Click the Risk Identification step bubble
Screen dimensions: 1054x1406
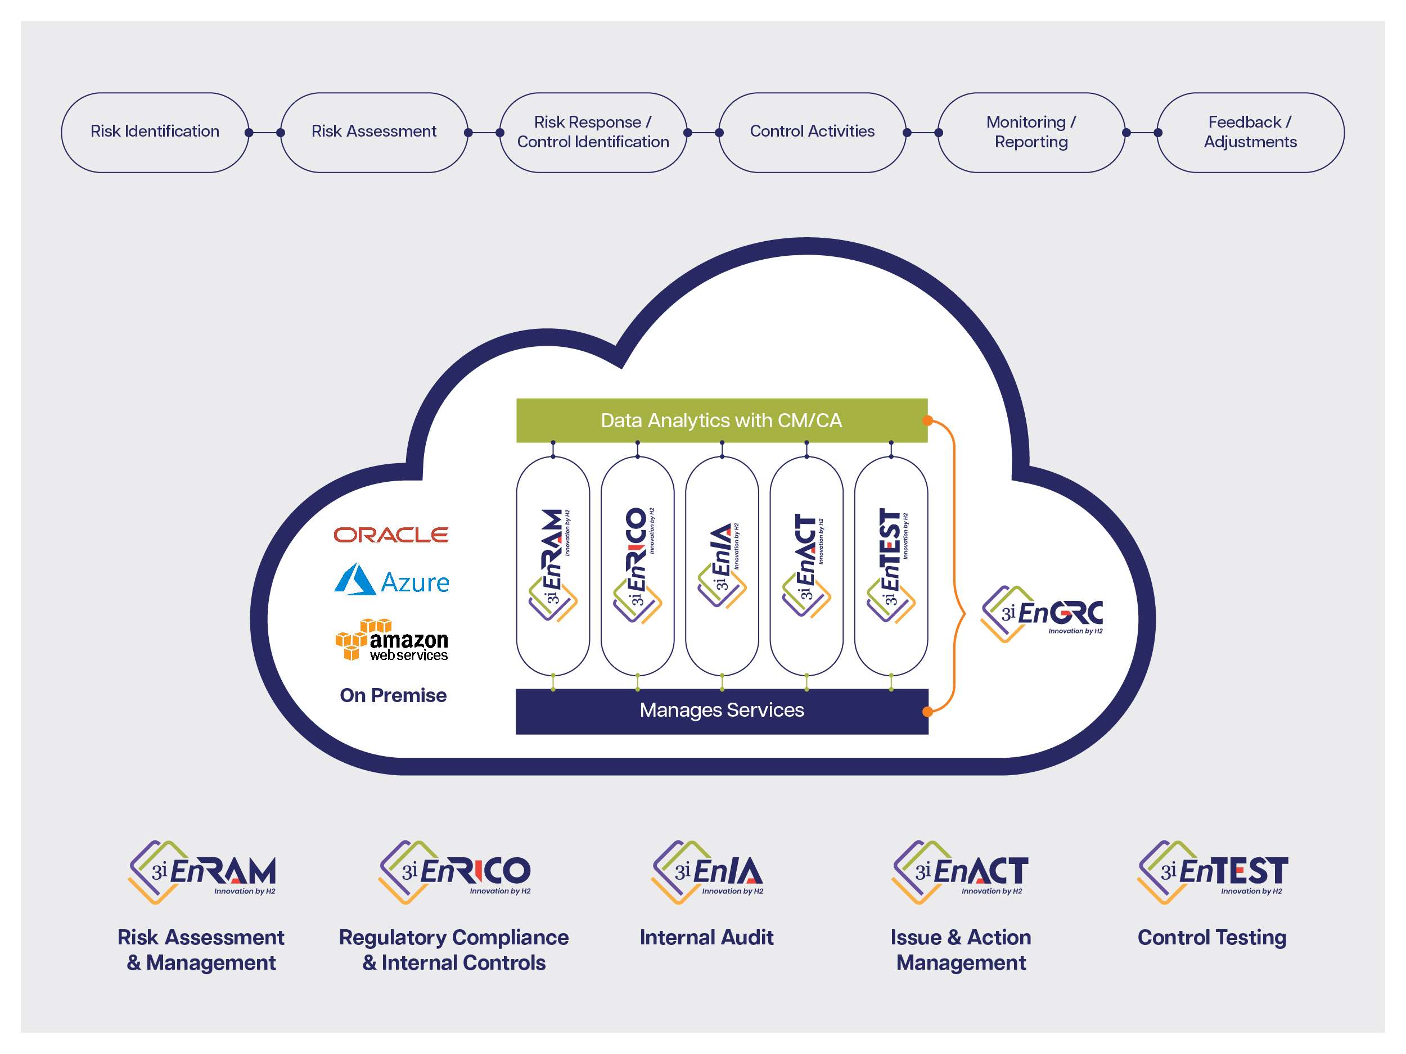pos(155,132)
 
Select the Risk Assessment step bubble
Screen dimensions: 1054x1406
pos(374,132)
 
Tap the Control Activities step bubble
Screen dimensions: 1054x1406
pos(812,132)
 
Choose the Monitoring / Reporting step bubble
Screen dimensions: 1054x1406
pos(1031,132)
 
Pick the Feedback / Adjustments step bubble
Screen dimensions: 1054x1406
pos(1250,132)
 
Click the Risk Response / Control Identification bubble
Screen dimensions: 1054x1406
pos(593,132)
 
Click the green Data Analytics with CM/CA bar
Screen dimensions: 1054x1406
pos(721,420)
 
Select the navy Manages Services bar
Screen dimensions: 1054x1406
pos(721,711)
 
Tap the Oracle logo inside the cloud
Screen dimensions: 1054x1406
pos(391,535)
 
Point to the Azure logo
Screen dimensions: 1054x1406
pos(391,580)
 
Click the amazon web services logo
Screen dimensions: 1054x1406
pos(391,640)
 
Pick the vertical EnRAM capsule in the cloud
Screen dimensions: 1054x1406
pos(553,566)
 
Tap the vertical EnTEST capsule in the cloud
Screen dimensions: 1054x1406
pos(890,566)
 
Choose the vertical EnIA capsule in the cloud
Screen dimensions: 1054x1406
pos(722,566)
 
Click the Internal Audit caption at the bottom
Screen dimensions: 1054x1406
pos(706,938)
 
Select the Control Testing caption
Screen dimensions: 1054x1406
pos(1211,938)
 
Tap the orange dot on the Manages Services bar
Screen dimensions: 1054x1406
pos(927,712)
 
